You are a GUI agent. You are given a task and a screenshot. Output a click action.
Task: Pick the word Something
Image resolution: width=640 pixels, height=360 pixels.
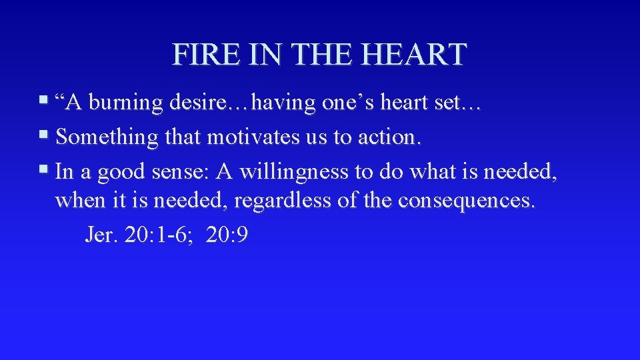click(107, 138)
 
